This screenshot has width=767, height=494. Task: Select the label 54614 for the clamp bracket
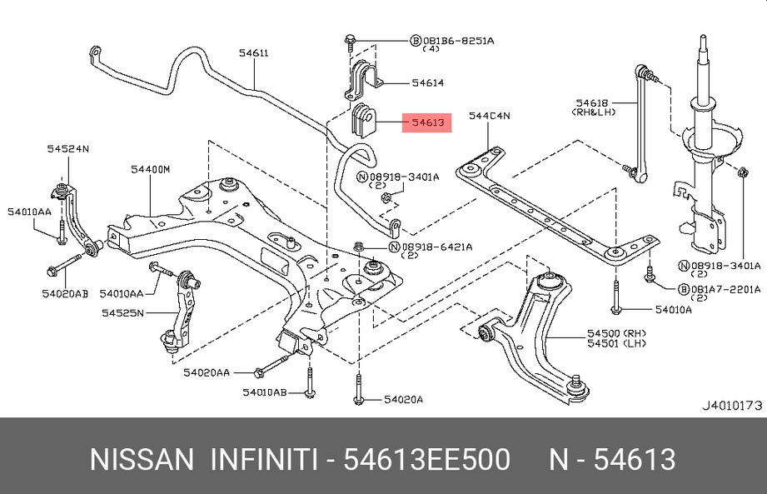(427, 82)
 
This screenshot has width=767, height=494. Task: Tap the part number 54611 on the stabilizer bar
(253, 53)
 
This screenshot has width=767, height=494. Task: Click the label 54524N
(67, 148)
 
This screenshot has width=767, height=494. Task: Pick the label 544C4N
(489, 116)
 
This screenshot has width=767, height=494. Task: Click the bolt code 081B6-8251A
(458, 40)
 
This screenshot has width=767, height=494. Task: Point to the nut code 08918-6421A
(436, 247)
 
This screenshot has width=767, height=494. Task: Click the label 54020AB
(67, 293)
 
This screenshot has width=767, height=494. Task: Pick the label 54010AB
(265, 392)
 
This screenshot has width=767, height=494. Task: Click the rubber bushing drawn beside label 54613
(365, 122)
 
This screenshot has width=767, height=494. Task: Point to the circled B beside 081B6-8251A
(415, 40)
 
